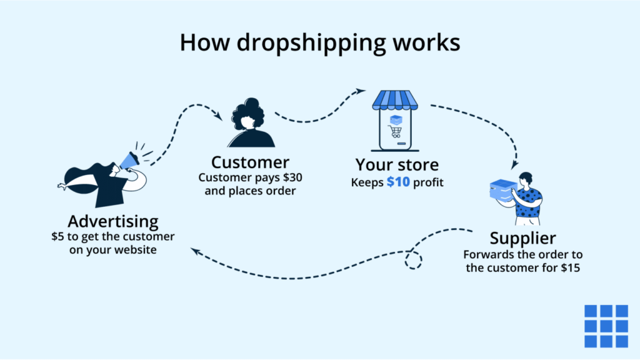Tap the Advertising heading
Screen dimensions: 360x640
[113, 221]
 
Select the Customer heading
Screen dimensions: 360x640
[250, 162]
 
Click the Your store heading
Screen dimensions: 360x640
[397, 165]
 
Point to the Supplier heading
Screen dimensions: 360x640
[522, 238]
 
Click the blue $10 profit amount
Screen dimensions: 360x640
[398, 182]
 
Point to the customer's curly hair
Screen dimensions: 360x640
[249, 112]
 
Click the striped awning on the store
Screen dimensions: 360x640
[394, 99]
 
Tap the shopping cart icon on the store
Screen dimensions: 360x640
[394, 131]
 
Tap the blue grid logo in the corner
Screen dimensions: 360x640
[606, 326]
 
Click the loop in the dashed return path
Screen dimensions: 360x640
[412, 259]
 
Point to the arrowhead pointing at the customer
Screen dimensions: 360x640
[219, 116]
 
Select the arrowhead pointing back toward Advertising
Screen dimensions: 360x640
[195, 251]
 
